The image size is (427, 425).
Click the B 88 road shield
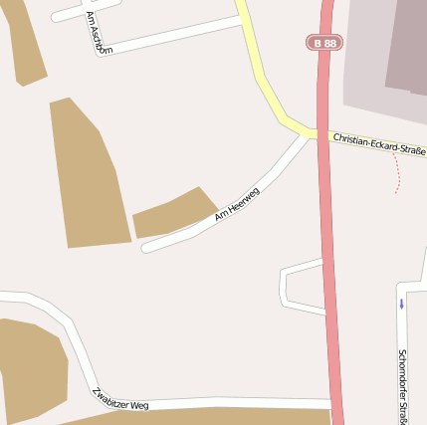click(x=322, y=43)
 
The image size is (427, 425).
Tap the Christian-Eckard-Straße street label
click(x=378, y=143)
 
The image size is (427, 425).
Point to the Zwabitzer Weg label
click(x=120, y=399)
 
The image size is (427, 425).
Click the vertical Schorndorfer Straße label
click(x=402, y=383)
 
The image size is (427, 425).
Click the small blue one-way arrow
click(x=401, y=303)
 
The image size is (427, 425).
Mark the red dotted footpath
click(x=399, y=175)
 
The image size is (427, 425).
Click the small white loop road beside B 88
click(x=287, y=286)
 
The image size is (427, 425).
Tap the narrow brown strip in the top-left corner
click(x=27, y=45)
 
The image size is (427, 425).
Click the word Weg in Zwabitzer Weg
click(x=138, y=404)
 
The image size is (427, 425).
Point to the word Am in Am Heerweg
click(x=220, y=215)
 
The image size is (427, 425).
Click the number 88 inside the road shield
click(x=327, y=43)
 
